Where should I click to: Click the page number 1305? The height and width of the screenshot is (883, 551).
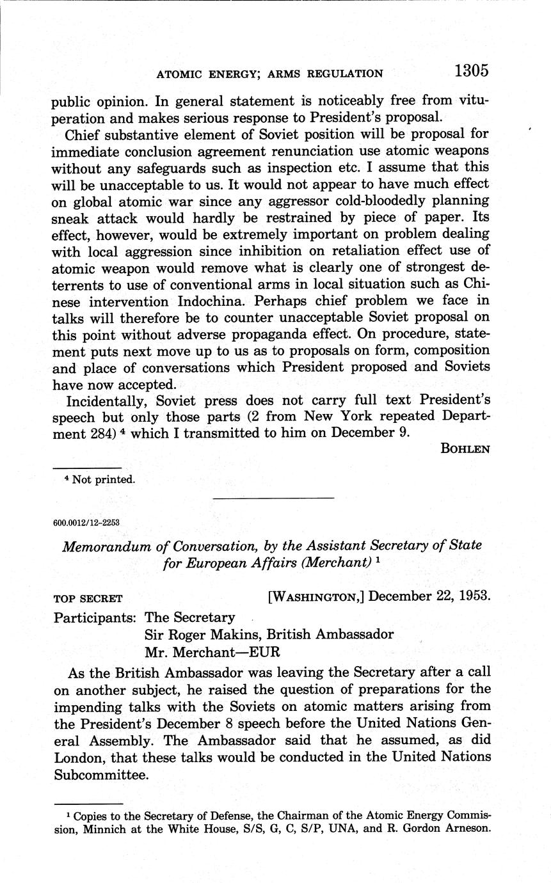(472, 71)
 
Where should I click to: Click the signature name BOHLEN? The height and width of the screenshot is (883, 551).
(465, 449)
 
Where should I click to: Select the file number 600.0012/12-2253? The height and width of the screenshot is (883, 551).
(86, 522)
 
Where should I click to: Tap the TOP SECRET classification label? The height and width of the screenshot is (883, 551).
(88, 600)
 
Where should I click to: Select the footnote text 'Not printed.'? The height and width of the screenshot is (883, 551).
(104, 480)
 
